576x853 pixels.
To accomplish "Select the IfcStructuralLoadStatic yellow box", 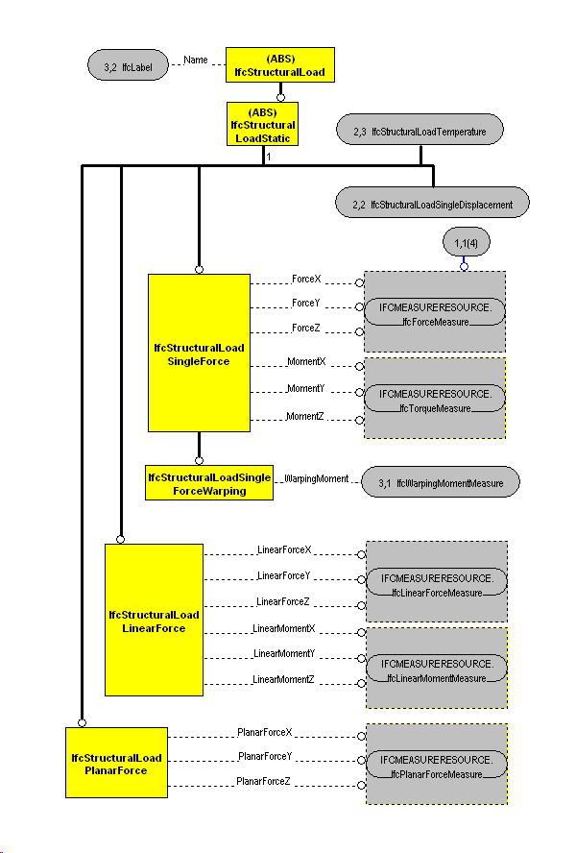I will point(262,125).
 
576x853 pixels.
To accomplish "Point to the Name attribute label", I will point(196,61).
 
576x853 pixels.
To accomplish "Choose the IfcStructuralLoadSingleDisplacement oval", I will point(432,204).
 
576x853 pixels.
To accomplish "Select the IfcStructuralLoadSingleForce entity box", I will point(199,353).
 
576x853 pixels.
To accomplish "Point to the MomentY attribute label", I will point(306,388).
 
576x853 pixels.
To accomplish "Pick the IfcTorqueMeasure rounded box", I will point(435,400).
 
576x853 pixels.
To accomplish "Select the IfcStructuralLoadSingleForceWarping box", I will point(209,483).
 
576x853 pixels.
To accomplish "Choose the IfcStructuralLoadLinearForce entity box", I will point(154,620).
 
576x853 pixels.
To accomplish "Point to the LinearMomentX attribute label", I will point(283,628).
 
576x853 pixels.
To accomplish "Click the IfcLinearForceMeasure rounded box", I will point(436,585).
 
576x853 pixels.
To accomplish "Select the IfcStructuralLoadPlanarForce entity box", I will point(115,763).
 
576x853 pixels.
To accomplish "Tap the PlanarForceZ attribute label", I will point(263,782).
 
